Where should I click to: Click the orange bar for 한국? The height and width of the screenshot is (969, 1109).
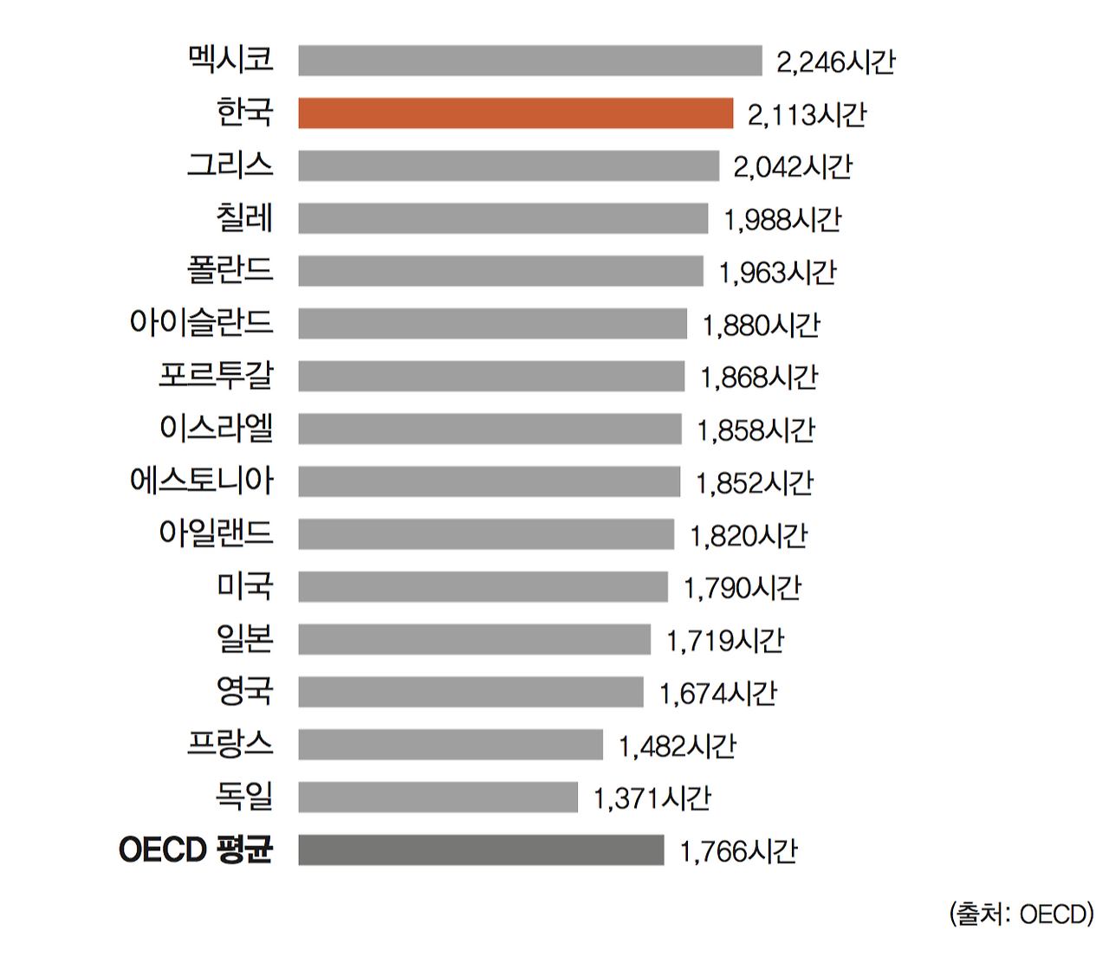[x=516, y=113]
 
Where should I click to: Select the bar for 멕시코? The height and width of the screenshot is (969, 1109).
[x=530, y=61]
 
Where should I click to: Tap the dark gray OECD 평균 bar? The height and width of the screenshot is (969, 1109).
[x=481, y=849]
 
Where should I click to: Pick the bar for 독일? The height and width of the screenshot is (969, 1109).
[x=438, y=797]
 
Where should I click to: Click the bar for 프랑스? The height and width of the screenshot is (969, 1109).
[x=451, y=745]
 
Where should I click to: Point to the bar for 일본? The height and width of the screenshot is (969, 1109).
[x=474, y=639]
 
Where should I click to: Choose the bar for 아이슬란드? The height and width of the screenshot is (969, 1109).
[x=492, y=324]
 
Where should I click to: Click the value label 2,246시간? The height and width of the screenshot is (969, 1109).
[x=835, y=62]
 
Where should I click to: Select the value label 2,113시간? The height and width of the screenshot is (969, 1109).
[x=807, y=114]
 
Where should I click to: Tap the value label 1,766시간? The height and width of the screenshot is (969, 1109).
[x=738, y=851]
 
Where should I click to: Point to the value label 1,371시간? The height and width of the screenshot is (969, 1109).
[x=652, y=798]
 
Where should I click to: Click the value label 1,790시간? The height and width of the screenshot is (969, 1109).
[x=743, y=588]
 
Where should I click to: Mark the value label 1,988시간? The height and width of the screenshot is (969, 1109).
[x=782, y=220]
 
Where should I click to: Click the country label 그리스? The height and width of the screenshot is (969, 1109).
[x=230, y=165]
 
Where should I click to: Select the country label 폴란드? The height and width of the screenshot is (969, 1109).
[x=230, y=269]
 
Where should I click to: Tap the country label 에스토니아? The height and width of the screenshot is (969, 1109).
[x=201, y=480]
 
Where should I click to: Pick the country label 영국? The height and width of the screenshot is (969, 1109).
[x=244, y=690]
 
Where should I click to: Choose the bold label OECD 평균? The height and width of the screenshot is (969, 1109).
[x=196, y=849]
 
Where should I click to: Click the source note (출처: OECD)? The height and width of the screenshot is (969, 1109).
[x=1021, y=914]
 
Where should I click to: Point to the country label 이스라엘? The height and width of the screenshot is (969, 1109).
[x=217, y=427]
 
